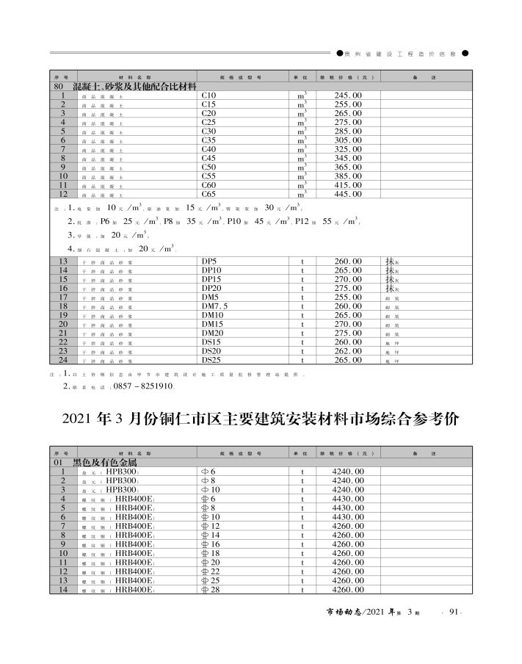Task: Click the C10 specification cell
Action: (x=209, y=95)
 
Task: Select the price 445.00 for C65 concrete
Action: (x=347, y=194)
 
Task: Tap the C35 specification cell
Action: (x=209, y=140)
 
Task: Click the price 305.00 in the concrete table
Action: (x=347, y=140)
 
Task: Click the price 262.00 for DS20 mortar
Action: (x=347, y=351)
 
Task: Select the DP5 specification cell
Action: (x=209, y=261)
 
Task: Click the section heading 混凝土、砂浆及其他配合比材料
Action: (x=136, y=87)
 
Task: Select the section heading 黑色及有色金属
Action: (x=104, y=463)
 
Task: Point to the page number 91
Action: (x=453, y=612)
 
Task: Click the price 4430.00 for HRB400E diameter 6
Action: (x=347, y=499)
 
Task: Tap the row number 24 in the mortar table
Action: (x=63, y=360)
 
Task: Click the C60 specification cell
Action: (x=209, y=185)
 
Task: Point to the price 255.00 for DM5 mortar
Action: (x=347, y=297)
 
